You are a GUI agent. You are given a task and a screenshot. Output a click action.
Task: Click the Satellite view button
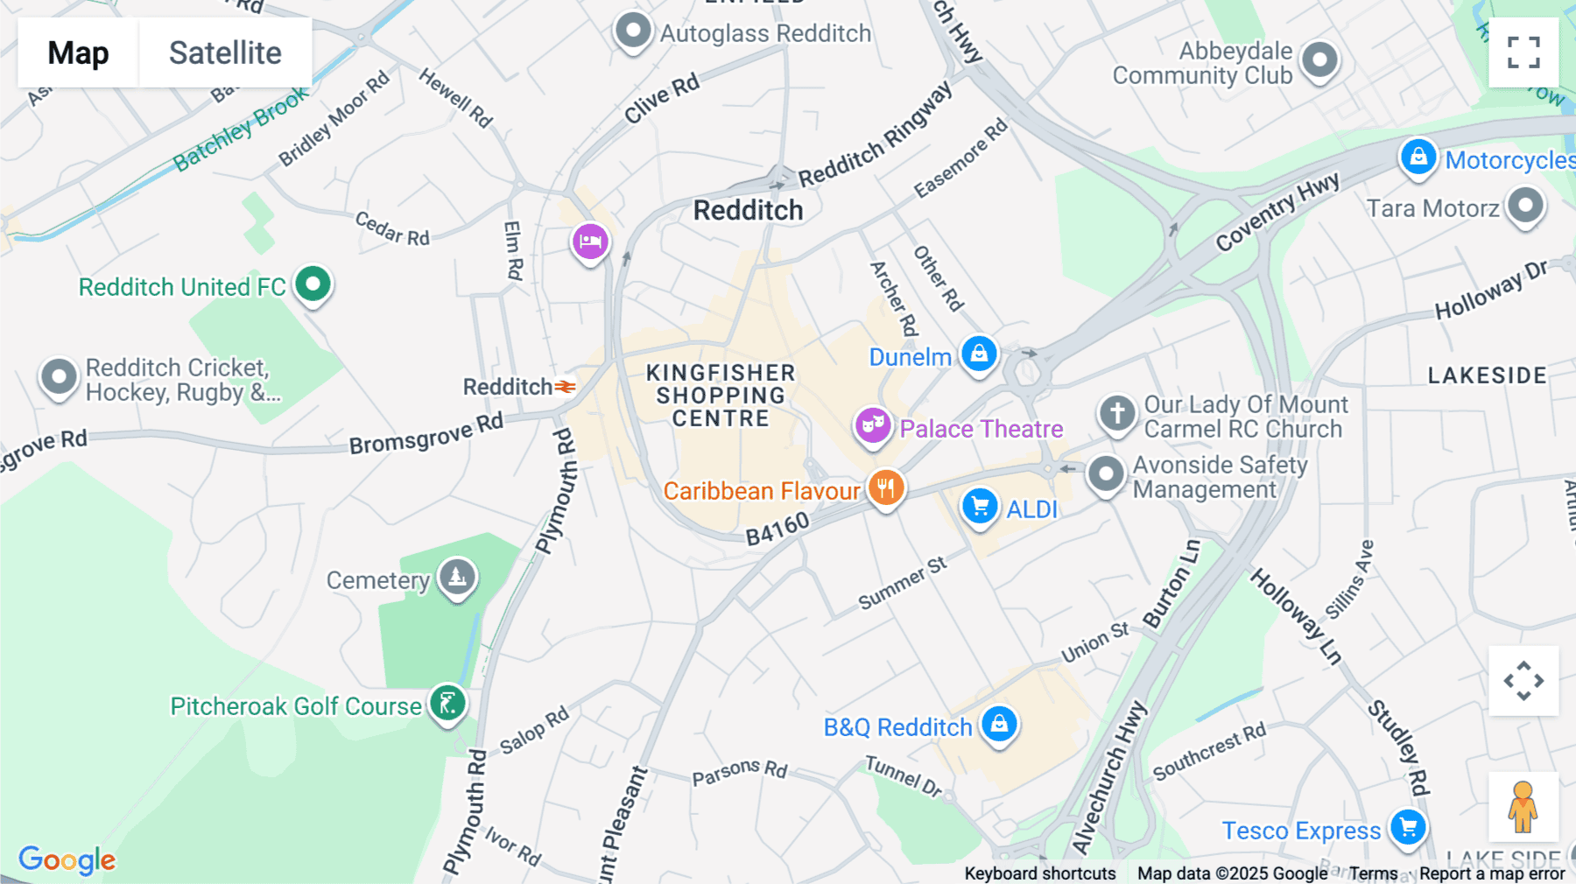[225, 53]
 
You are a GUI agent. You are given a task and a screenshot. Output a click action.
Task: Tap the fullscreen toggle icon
[1523, 53]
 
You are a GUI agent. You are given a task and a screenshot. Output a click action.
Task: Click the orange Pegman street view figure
[1523, 806]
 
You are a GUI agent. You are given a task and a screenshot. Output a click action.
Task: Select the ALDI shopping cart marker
[980, 506]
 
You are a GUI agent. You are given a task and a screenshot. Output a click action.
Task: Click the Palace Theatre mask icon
[872, 426]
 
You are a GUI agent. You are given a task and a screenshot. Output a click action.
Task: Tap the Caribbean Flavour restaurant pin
[886, 488]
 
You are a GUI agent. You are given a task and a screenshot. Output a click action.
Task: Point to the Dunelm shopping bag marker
[979, 354]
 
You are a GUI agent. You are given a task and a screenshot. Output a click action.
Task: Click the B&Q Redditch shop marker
[999, 724]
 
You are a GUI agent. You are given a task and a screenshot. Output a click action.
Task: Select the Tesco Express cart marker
[1408, 827]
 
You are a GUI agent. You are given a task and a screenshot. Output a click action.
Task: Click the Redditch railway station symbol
[566, 387]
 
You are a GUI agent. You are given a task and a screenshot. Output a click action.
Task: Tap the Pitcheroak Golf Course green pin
[447, 703]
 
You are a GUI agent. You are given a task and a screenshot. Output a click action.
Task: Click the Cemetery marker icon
[457, 577]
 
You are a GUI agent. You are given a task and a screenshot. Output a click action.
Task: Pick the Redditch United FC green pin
[313, 284]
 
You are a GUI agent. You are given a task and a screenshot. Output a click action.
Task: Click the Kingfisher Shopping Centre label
[721, 396]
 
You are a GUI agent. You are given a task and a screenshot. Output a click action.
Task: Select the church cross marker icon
[1117, 412]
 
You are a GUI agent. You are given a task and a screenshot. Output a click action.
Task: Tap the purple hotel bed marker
[590, 241]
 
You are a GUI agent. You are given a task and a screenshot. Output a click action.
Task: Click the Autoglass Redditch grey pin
[632, 32]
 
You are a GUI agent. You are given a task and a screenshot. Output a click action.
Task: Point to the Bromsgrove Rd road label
[426, 434]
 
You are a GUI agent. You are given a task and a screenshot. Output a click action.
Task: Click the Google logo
[67, 860]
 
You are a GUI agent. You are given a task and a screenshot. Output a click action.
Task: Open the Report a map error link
[1492, 873]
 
